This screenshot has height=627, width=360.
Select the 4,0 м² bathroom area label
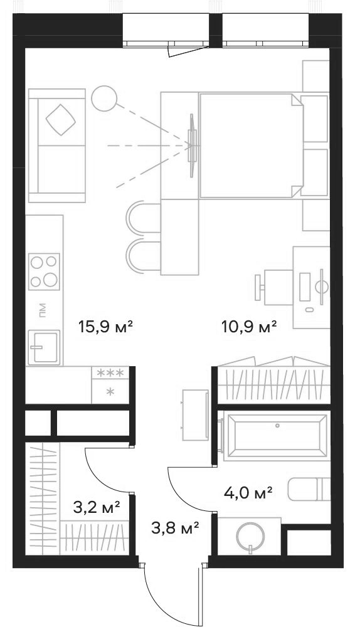click(248, 493)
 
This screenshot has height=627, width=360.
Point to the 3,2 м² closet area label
click(97, 507)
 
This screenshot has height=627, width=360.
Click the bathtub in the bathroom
click(277, 434)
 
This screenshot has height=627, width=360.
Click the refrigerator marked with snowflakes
click(110, 383)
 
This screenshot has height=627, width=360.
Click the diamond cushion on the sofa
click(61, 119)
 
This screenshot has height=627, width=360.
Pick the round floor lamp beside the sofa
click(103, 98)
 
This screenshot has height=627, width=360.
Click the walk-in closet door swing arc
click(100, 470)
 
